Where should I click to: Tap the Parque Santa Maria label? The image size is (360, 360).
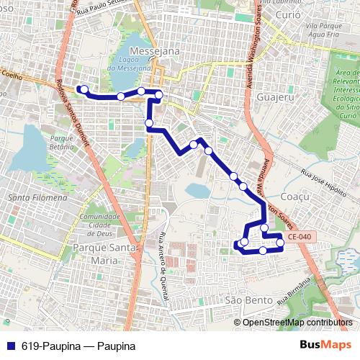tap(104, 253)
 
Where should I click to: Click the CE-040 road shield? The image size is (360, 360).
tap(298, 236)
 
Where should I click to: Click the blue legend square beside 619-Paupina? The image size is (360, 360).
tap(10, 346)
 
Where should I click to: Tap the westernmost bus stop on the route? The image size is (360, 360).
tap(85, 89)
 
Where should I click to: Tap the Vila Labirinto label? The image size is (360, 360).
tap(286, 4)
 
